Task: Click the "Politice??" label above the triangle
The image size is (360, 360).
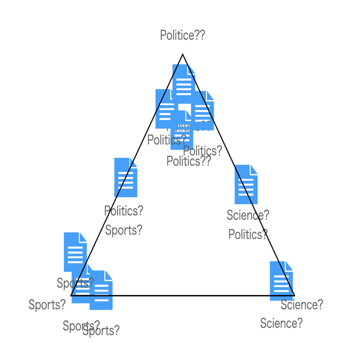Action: click(182, 35)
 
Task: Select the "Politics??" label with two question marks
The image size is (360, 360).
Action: click(189, 161)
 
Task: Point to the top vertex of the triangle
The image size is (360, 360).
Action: click(183, 55)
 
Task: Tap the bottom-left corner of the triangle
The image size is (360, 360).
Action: click(71, 295)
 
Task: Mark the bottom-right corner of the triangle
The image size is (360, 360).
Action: click(294, 295)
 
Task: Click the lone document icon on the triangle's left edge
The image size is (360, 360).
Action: click(125, 177)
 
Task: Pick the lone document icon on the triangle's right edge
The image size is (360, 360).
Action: click(246, 184)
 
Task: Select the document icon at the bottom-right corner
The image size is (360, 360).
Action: click(281, 281)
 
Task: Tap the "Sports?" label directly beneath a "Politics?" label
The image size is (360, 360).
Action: click(124, 230)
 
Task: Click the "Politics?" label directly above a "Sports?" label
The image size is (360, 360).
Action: click(124, 211)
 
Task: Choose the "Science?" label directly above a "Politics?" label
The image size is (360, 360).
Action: click(248, 215)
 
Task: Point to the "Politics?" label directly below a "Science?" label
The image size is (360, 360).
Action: click(248, 235)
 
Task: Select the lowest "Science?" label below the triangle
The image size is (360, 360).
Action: click(281, 323)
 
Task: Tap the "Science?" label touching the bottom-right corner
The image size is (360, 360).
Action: click(302, 305)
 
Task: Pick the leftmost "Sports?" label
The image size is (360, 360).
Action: click(47, 305)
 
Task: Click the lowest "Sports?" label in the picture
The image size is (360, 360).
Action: click(101, 331)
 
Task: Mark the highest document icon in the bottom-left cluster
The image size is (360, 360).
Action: click(75, 252)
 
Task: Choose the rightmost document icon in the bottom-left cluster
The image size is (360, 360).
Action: click(101, 290)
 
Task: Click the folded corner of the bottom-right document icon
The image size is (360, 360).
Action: click(289, 266)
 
